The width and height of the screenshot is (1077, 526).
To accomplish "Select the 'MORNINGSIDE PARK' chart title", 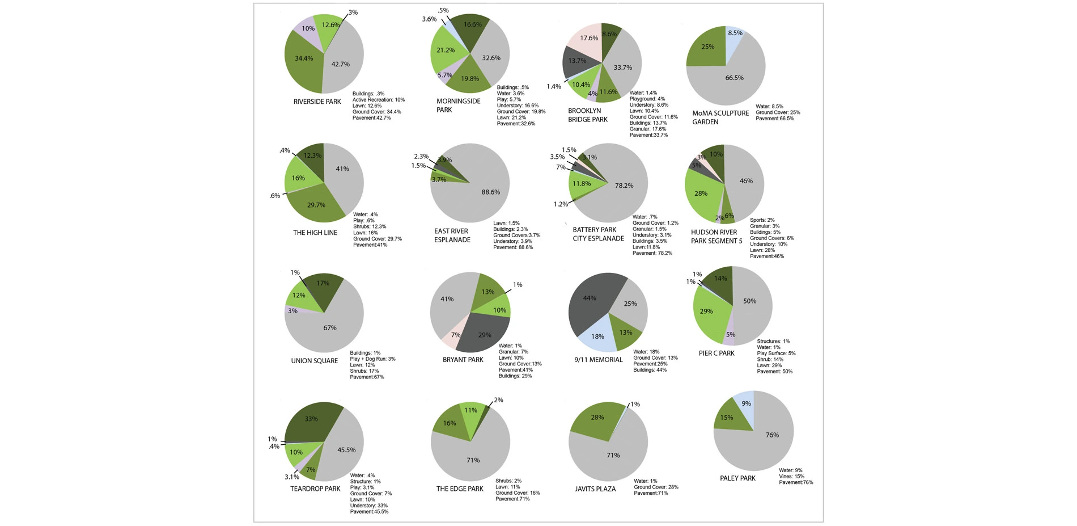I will [458, 106].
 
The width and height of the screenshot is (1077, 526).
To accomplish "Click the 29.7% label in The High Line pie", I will [316, 205].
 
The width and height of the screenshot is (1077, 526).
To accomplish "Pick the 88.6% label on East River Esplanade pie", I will [491, 192].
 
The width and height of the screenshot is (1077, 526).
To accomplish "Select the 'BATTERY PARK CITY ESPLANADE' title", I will [598, 234].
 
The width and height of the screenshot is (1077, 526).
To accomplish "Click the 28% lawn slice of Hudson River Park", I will [702, 194].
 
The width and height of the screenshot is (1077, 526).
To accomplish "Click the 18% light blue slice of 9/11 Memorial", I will [597, 336].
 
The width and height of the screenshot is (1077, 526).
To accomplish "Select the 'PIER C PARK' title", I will [716, 353].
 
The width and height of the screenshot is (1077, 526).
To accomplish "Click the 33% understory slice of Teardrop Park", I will [311, 420].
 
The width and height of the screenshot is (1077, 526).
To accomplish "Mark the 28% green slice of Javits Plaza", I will [597, 418].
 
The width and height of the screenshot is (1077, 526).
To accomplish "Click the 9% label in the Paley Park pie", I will [746, 404].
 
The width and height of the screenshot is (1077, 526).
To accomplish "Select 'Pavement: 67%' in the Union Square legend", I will [367, 377].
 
